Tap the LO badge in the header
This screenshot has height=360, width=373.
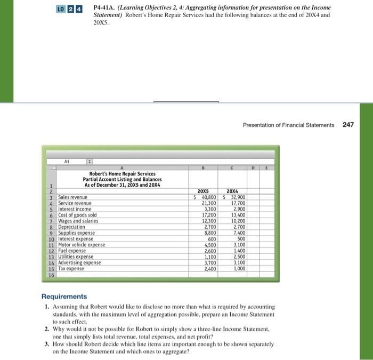click(64, 8)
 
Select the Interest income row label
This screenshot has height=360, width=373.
click(74, 209)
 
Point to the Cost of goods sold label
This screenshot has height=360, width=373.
click(77, 215)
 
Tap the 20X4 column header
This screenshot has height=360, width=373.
click(234, 191)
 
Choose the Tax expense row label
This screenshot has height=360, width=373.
click(71, 268)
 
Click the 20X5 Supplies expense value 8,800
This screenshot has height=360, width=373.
click(208, 233)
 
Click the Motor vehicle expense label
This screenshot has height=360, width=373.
click(82, 245)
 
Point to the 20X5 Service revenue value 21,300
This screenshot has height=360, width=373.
click(208, 203)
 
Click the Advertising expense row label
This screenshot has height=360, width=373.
click(79, 262)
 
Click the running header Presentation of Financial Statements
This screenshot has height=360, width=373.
click(288, 125)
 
